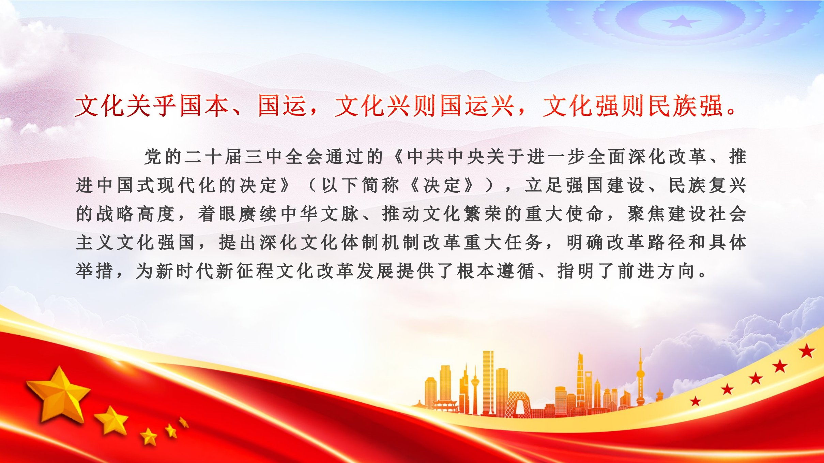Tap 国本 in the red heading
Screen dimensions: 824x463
click(x=204, y=106)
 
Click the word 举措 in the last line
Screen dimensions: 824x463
click(x=94, y=271)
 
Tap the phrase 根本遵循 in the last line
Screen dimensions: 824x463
click(x=496, y=271)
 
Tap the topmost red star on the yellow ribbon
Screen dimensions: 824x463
click(x=807, y=351)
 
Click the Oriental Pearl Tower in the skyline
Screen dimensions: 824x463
click(x=640, y=378)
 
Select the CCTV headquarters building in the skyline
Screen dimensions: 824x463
click(x=518, y=404)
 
